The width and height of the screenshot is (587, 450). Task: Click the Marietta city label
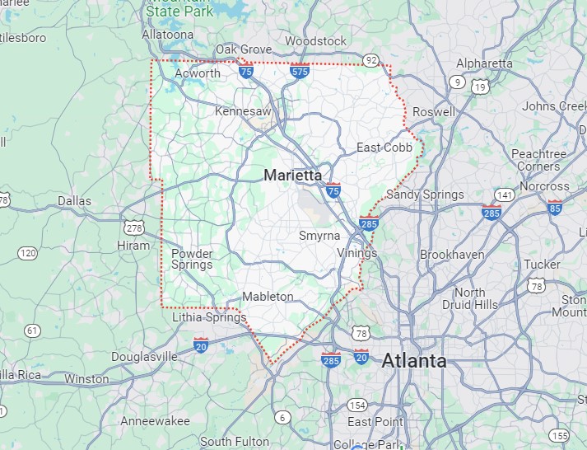pyautogui.click(x=294, y=175)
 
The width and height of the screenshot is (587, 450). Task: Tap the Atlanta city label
pyautogui.click(x=414, y=360)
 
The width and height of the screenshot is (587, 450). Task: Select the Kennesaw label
pyautogui.click(x=243, y=110)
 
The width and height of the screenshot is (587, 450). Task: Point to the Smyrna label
pyautogui.click(x=319, y=236)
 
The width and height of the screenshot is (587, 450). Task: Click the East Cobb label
pyautogui.click(x=384, y=148)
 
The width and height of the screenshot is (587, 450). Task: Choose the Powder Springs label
pyautogui.click(x=192, y=259)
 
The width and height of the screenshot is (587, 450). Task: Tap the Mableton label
pyautogui.click(x=268, y=297)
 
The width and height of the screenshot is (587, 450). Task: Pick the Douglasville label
pyautogui.click(x=144, y=357)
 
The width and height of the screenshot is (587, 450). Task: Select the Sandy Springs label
pyautogui.click(x=425, y=195)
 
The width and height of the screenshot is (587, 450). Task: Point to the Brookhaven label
pyautogui.click(x=452, y=255)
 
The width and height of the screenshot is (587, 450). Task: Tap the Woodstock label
pyautogui.click(x=315, y=41)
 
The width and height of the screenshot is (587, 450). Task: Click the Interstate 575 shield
pyautogui.click(x=300, y=73)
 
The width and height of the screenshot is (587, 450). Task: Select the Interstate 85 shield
pyautogui.click(x=556, y=207)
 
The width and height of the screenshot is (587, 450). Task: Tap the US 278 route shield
pyautogui.click(x=133, y=227)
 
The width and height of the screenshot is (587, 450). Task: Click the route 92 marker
pyautogui.click(x=371, y=59)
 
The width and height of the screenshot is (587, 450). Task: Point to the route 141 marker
pyautogui.click(x=505, y=195)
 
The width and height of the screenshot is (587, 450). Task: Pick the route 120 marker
pyautogui.click(x=28, y=252)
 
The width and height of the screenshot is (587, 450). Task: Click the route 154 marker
pyautogui.click(x=357, y=405)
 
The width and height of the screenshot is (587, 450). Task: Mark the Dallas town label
pyautogui.click(x=74, y=200)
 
